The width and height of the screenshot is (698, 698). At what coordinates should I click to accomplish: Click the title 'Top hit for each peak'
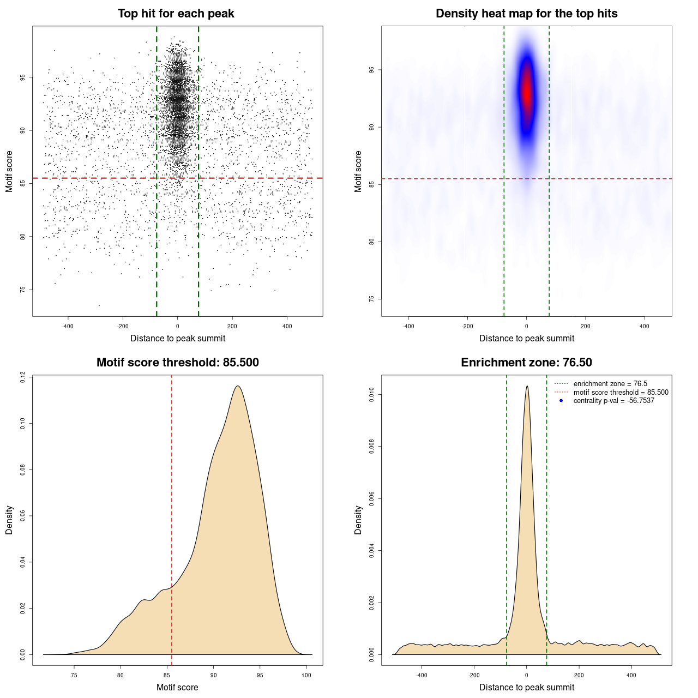coord(176,14)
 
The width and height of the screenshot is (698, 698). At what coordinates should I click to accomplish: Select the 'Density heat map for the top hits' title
coord(526,14)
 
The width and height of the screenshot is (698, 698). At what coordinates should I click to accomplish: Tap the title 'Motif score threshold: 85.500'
coord(177,363)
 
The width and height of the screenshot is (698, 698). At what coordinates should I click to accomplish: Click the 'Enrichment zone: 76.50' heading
coord(526,363)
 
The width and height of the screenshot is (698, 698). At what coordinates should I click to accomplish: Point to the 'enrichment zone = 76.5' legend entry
coord(610,384)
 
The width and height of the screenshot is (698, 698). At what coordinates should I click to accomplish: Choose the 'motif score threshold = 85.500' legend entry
coord(621,393)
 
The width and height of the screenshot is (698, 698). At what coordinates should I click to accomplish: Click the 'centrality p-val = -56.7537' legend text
coord(613,401)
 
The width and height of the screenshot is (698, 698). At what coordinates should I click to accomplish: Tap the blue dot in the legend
coord(561,401)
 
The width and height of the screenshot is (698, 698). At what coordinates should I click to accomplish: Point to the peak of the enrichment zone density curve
coord(527,386)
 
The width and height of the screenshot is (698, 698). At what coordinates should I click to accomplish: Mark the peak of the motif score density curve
coord(238,386)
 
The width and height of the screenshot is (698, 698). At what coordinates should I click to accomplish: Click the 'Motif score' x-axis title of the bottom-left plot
coord(177,687)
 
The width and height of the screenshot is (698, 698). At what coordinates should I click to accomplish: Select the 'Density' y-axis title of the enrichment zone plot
coord(358,520)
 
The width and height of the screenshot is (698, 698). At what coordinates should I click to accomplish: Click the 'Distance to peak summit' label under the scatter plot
coord(178,339)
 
